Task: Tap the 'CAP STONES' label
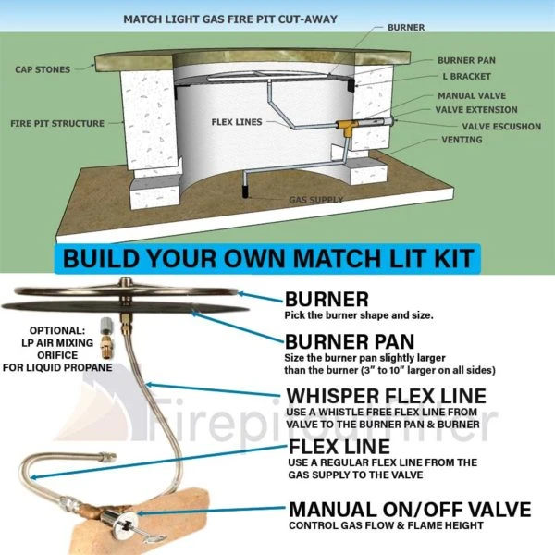coord(43,69)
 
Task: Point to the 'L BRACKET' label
coord(464,76)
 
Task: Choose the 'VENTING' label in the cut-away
coord(460,140)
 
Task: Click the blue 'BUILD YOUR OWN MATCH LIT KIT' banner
coord(277,257)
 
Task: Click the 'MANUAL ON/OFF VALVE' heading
coord(410,509)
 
